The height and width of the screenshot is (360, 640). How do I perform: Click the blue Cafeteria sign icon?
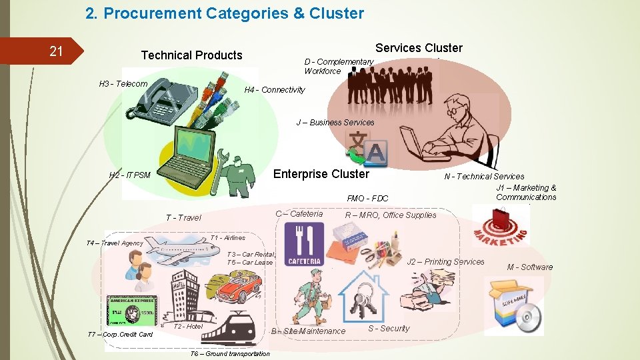click(304, 244)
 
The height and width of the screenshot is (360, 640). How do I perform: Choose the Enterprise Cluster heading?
click(321, 174)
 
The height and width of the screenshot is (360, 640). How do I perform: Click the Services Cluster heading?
click(419, 48)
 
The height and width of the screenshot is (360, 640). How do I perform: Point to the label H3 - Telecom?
click(123, 84)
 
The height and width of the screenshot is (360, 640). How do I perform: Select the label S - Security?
click(389, 328)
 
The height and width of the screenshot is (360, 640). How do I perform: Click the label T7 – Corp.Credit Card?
click(121, 334)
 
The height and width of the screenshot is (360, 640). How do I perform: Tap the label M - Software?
click(530, 267)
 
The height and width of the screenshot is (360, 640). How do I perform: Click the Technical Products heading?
click(192, 55)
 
